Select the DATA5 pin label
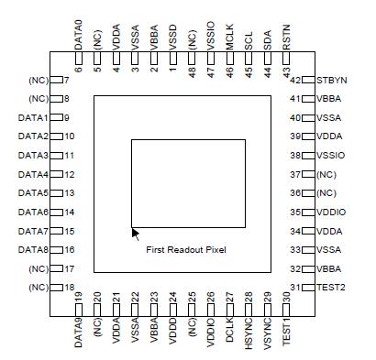pos(33,193)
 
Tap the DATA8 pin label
pos(33,250)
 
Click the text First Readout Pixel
pos(185,249)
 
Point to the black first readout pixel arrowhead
pos(136,233)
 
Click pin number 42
pos(295,80)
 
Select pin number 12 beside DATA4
pos(70,174)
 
